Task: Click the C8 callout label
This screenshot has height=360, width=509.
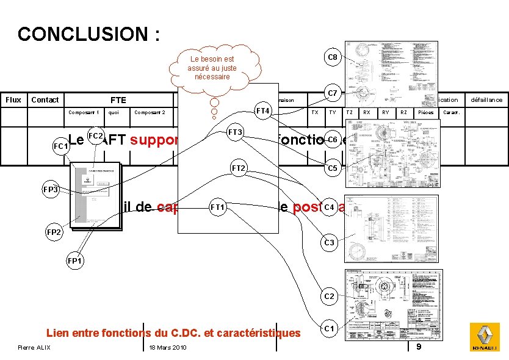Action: click(332, 57)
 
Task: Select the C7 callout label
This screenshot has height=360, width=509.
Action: click(332, 93)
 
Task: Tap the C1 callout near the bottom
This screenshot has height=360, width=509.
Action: click(329, 329)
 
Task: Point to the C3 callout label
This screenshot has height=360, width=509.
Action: click(329, 243)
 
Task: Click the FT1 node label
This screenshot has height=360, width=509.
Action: click(218, 207)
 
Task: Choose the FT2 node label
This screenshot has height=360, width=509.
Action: click(238, 168)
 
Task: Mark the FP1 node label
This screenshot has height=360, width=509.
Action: click(76, 261)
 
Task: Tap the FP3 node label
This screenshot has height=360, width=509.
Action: click(51, 190)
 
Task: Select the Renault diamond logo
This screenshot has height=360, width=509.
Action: click(484, 337)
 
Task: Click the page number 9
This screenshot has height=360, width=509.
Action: click(418, 347)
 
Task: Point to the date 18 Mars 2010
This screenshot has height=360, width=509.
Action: click(167, 348)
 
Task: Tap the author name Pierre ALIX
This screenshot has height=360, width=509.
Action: click(35, 348)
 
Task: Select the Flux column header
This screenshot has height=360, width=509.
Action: click(13, 100)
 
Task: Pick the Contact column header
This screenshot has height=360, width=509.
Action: click(45, 100)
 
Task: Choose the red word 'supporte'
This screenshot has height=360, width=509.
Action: click(153, 140)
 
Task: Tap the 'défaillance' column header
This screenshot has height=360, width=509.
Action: click(486, 100)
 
